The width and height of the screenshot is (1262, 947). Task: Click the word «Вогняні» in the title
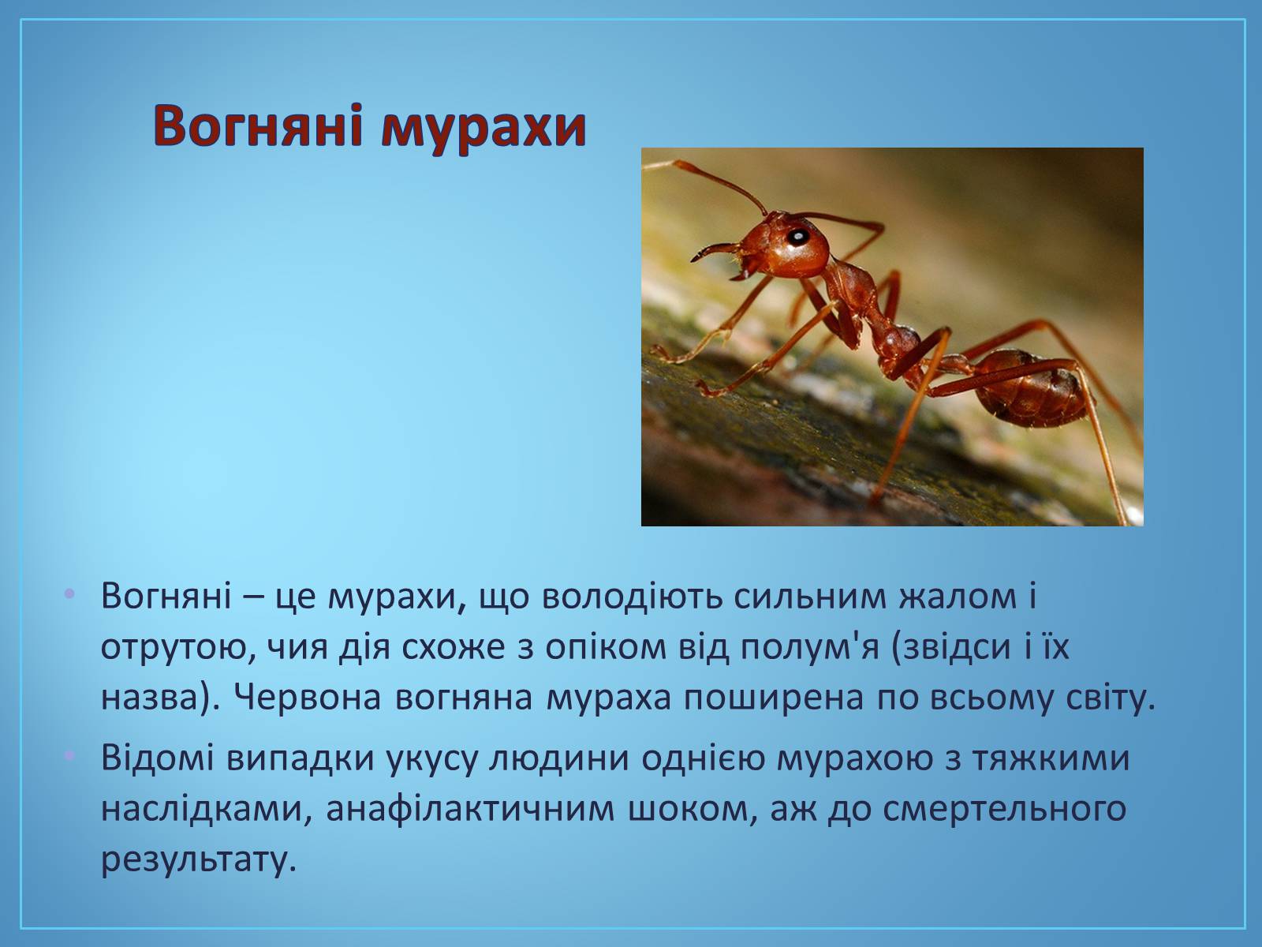coord(258,125)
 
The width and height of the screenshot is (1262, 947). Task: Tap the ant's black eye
coord(798,237)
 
